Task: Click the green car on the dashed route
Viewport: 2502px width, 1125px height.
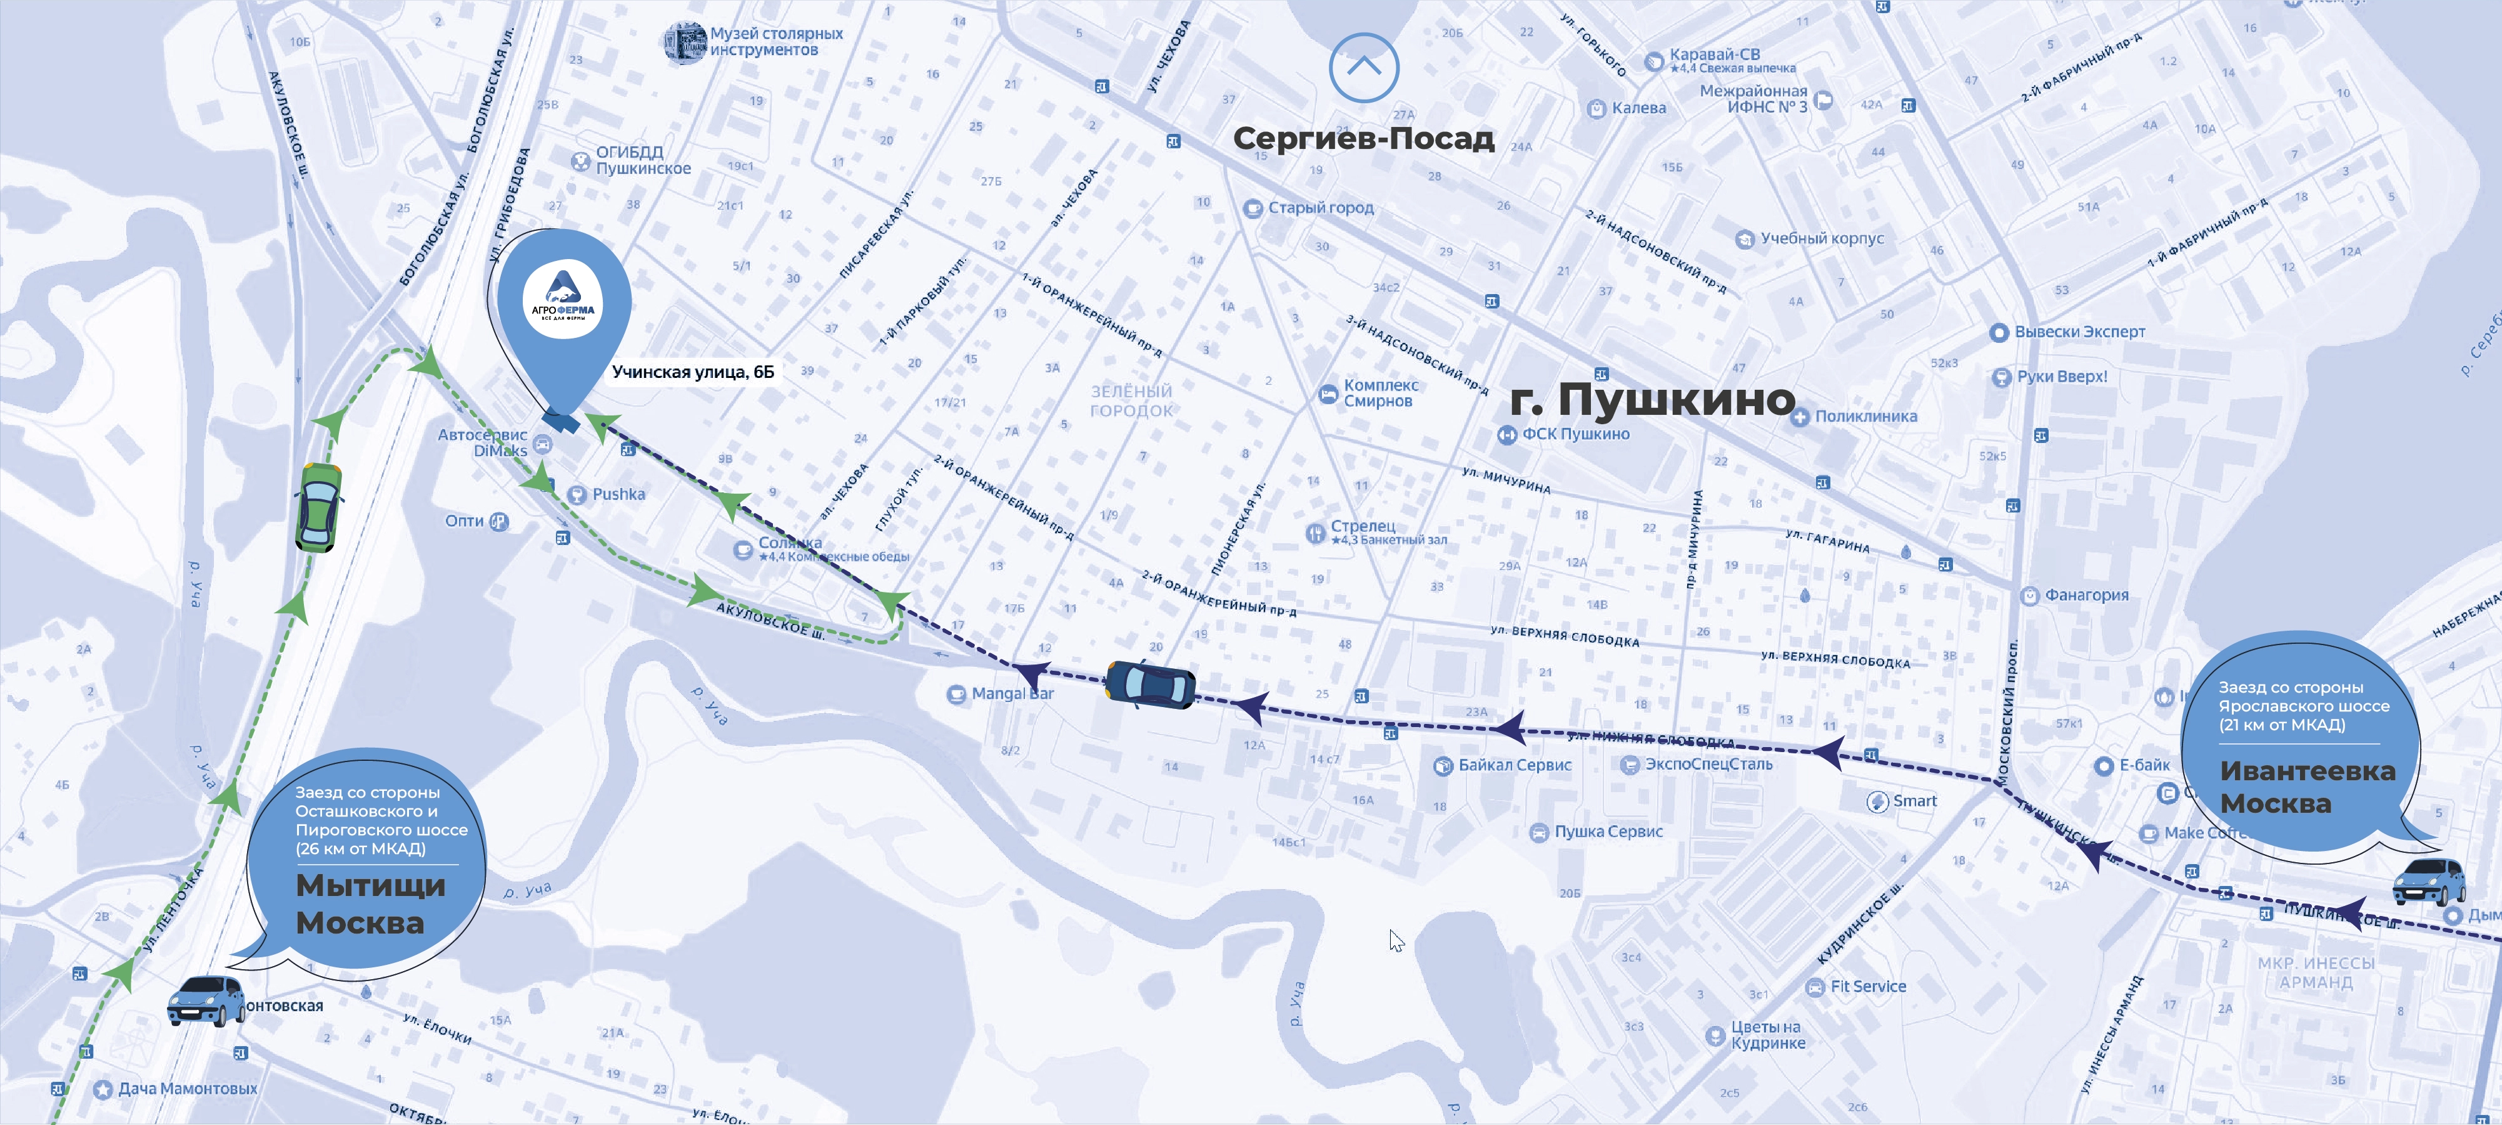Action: point(318,506)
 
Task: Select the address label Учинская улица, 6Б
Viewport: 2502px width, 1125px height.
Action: point(692,372)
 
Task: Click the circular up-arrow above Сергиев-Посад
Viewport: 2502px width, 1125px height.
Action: point(1364,67)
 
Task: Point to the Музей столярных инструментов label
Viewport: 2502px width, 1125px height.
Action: point(775,42)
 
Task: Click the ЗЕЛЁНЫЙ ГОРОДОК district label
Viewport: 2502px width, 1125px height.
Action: point(1131,401)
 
